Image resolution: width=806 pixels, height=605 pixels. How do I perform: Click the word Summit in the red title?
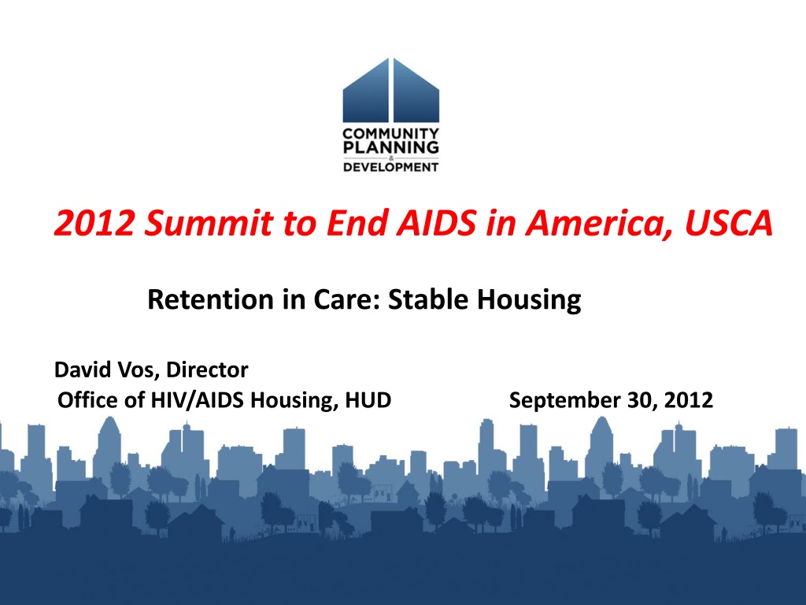coord(208,223)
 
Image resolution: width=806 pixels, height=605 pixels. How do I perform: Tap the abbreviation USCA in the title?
coord(729,223)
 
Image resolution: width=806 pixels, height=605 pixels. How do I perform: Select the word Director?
coord(207,369)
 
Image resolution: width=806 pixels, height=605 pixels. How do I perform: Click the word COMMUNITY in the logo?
coord(390,134)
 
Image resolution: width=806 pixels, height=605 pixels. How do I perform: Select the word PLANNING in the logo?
coord(390,147)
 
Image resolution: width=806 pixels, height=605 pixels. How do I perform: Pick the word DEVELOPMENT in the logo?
coord(390,167)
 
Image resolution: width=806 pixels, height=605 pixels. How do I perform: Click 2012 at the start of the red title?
coord(94,223)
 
